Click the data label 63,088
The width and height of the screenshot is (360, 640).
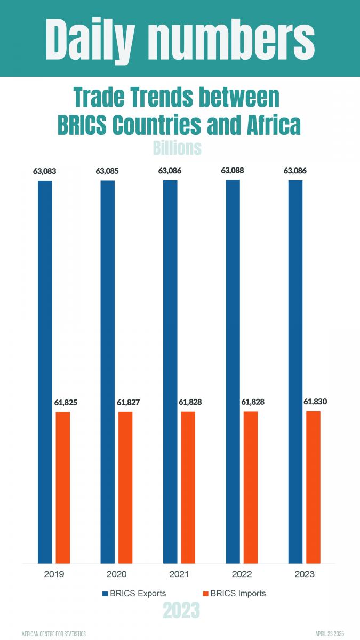click(x=233, y=171)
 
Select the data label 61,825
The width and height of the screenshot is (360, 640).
click(x=66, y=403)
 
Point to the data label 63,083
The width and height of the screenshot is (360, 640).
click(x=44, y=172)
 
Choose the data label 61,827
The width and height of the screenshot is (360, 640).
click(x=128, y=403)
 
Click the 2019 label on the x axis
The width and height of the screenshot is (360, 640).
click(x=54, y=574)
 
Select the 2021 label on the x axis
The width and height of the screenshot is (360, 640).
click(x=179, y=574)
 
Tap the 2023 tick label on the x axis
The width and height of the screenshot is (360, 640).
click(x=304, y=574)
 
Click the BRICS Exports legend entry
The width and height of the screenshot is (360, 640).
click(x=135, y=593)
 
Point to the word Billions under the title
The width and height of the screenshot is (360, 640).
click(x=177, y=148)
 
